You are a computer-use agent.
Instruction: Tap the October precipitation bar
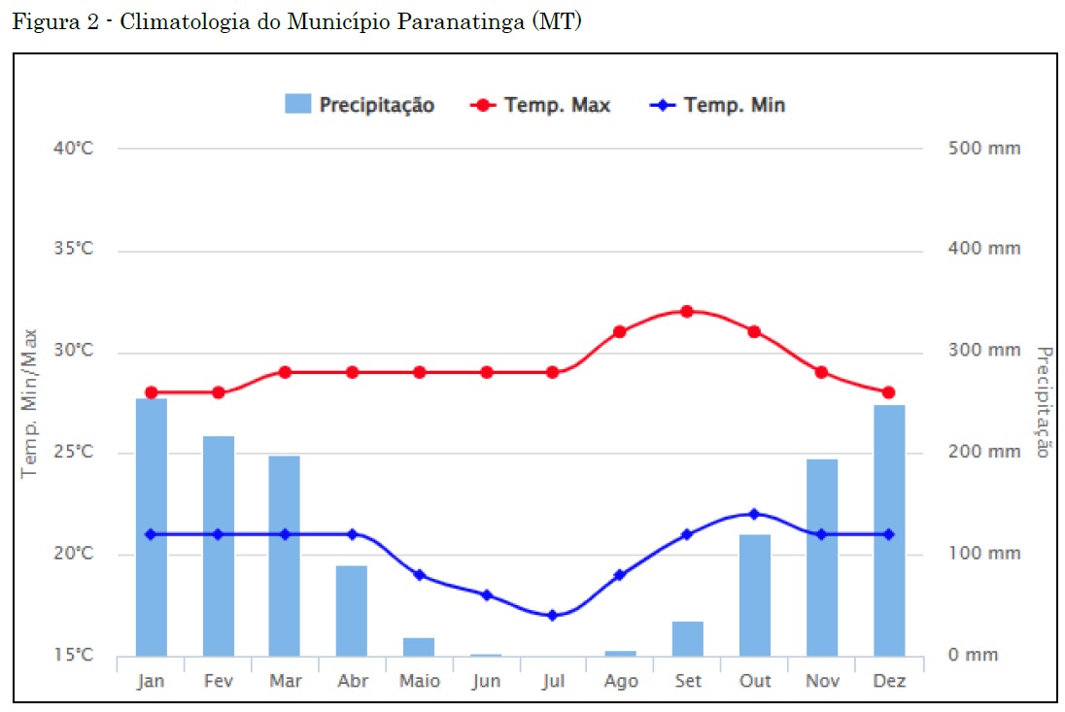[754, 594]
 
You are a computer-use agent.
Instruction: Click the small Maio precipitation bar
[419, 647]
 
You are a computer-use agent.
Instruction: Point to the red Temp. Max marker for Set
[686, 311]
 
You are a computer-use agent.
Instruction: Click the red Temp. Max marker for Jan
[151, 392]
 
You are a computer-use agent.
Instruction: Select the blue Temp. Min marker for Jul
[552, 615]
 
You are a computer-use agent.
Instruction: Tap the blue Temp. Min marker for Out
[754, 514]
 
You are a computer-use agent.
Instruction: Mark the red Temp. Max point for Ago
[619, 331]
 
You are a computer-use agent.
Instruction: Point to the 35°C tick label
[72, 250]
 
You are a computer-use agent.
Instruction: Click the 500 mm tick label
[984, 149]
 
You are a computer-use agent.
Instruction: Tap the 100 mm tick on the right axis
[984, 554]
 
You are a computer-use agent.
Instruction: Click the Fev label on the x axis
[219, 681]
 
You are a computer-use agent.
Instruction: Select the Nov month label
[822, 681]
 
